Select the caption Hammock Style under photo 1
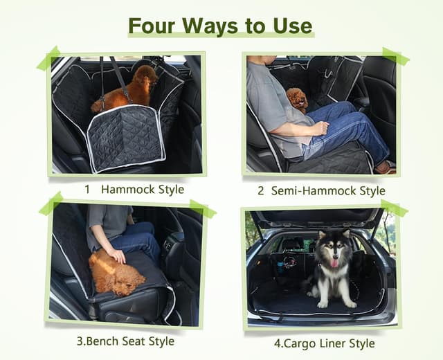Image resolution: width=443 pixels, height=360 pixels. [143, 189]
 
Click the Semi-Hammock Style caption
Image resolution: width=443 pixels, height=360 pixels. [328, 190]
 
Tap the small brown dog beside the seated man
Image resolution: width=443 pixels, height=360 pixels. [298, 100]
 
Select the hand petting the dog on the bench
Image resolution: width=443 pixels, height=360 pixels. [118, 255]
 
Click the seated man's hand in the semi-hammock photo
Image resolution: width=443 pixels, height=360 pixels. [319, 128]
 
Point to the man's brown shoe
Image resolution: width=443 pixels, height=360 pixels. [385, 168]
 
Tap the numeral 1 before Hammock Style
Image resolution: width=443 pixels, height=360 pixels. [88, 189]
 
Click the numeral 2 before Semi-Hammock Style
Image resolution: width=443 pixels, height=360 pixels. [261, 190]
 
